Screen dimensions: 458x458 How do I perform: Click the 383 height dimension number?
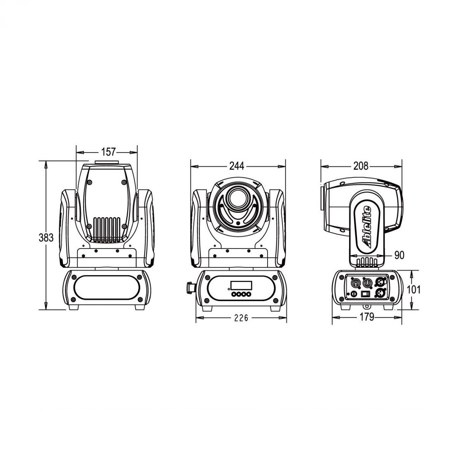(46, 238)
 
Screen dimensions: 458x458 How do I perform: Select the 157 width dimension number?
(108, 152)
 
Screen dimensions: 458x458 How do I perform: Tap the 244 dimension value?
(237, 166)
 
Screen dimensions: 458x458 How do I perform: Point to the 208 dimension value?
(361, 166)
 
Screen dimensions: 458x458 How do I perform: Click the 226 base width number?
(241, 318)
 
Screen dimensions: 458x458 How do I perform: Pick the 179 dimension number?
(367, 317)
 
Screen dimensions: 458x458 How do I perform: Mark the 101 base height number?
(414, 289)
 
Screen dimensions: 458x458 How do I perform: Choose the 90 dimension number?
(399, 255)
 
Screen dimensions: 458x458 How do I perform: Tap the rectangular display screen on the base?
(241, 285)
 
